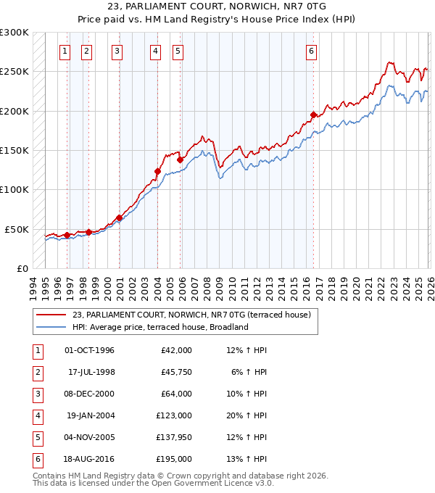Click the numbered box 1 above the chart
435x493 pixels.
pos(65,51)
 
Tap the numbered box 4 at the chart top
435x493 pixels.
pos(156,51)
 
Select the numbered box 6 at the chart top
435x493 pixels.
pos(311,51)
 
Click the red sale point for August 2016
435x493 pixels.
pos(313,115)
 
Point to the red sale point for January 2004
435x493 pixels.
pos(157,171)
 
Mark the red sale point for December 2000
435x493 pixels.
pos(119,217)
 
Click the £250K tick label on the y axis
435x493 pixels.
pos(14,72)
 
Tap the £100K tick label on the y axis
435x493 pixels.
pos(14,189)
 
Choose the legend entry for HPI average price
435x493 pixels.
pos(160,327)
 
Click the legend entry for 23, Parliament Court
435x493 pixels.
pos(191,315)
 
